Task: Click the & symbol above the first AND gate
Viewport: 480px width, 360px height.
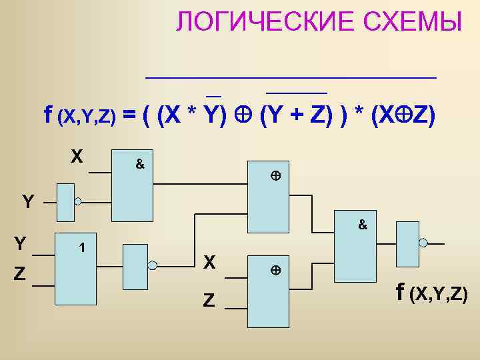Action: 140,163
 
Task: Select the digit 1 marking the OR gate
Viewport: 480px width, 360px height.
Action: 81,248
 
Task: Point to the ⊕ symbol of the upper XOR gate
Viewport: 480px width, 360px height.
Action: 274,177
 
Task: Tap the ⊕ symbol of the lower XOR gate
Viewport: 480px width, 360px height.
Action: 274,271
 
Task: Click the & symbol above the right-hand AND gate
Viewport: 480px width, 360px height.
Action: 363,225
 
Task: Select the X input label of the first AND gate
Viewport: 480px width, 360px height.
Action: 77,157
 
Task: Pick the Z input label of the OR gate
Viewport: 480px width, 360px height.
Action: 20,274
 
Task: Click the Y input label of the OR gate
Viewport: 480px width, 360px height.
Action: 21,244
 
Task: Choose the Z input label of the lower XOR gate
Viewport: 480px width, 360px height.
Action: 209,301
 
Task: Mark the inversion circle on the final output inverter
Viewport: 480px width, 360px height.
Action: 422,245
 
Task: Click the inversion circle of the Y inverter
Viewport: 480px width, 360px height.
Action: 78,201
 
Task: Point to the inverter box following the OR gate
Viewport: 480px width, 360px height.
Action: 135,265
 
